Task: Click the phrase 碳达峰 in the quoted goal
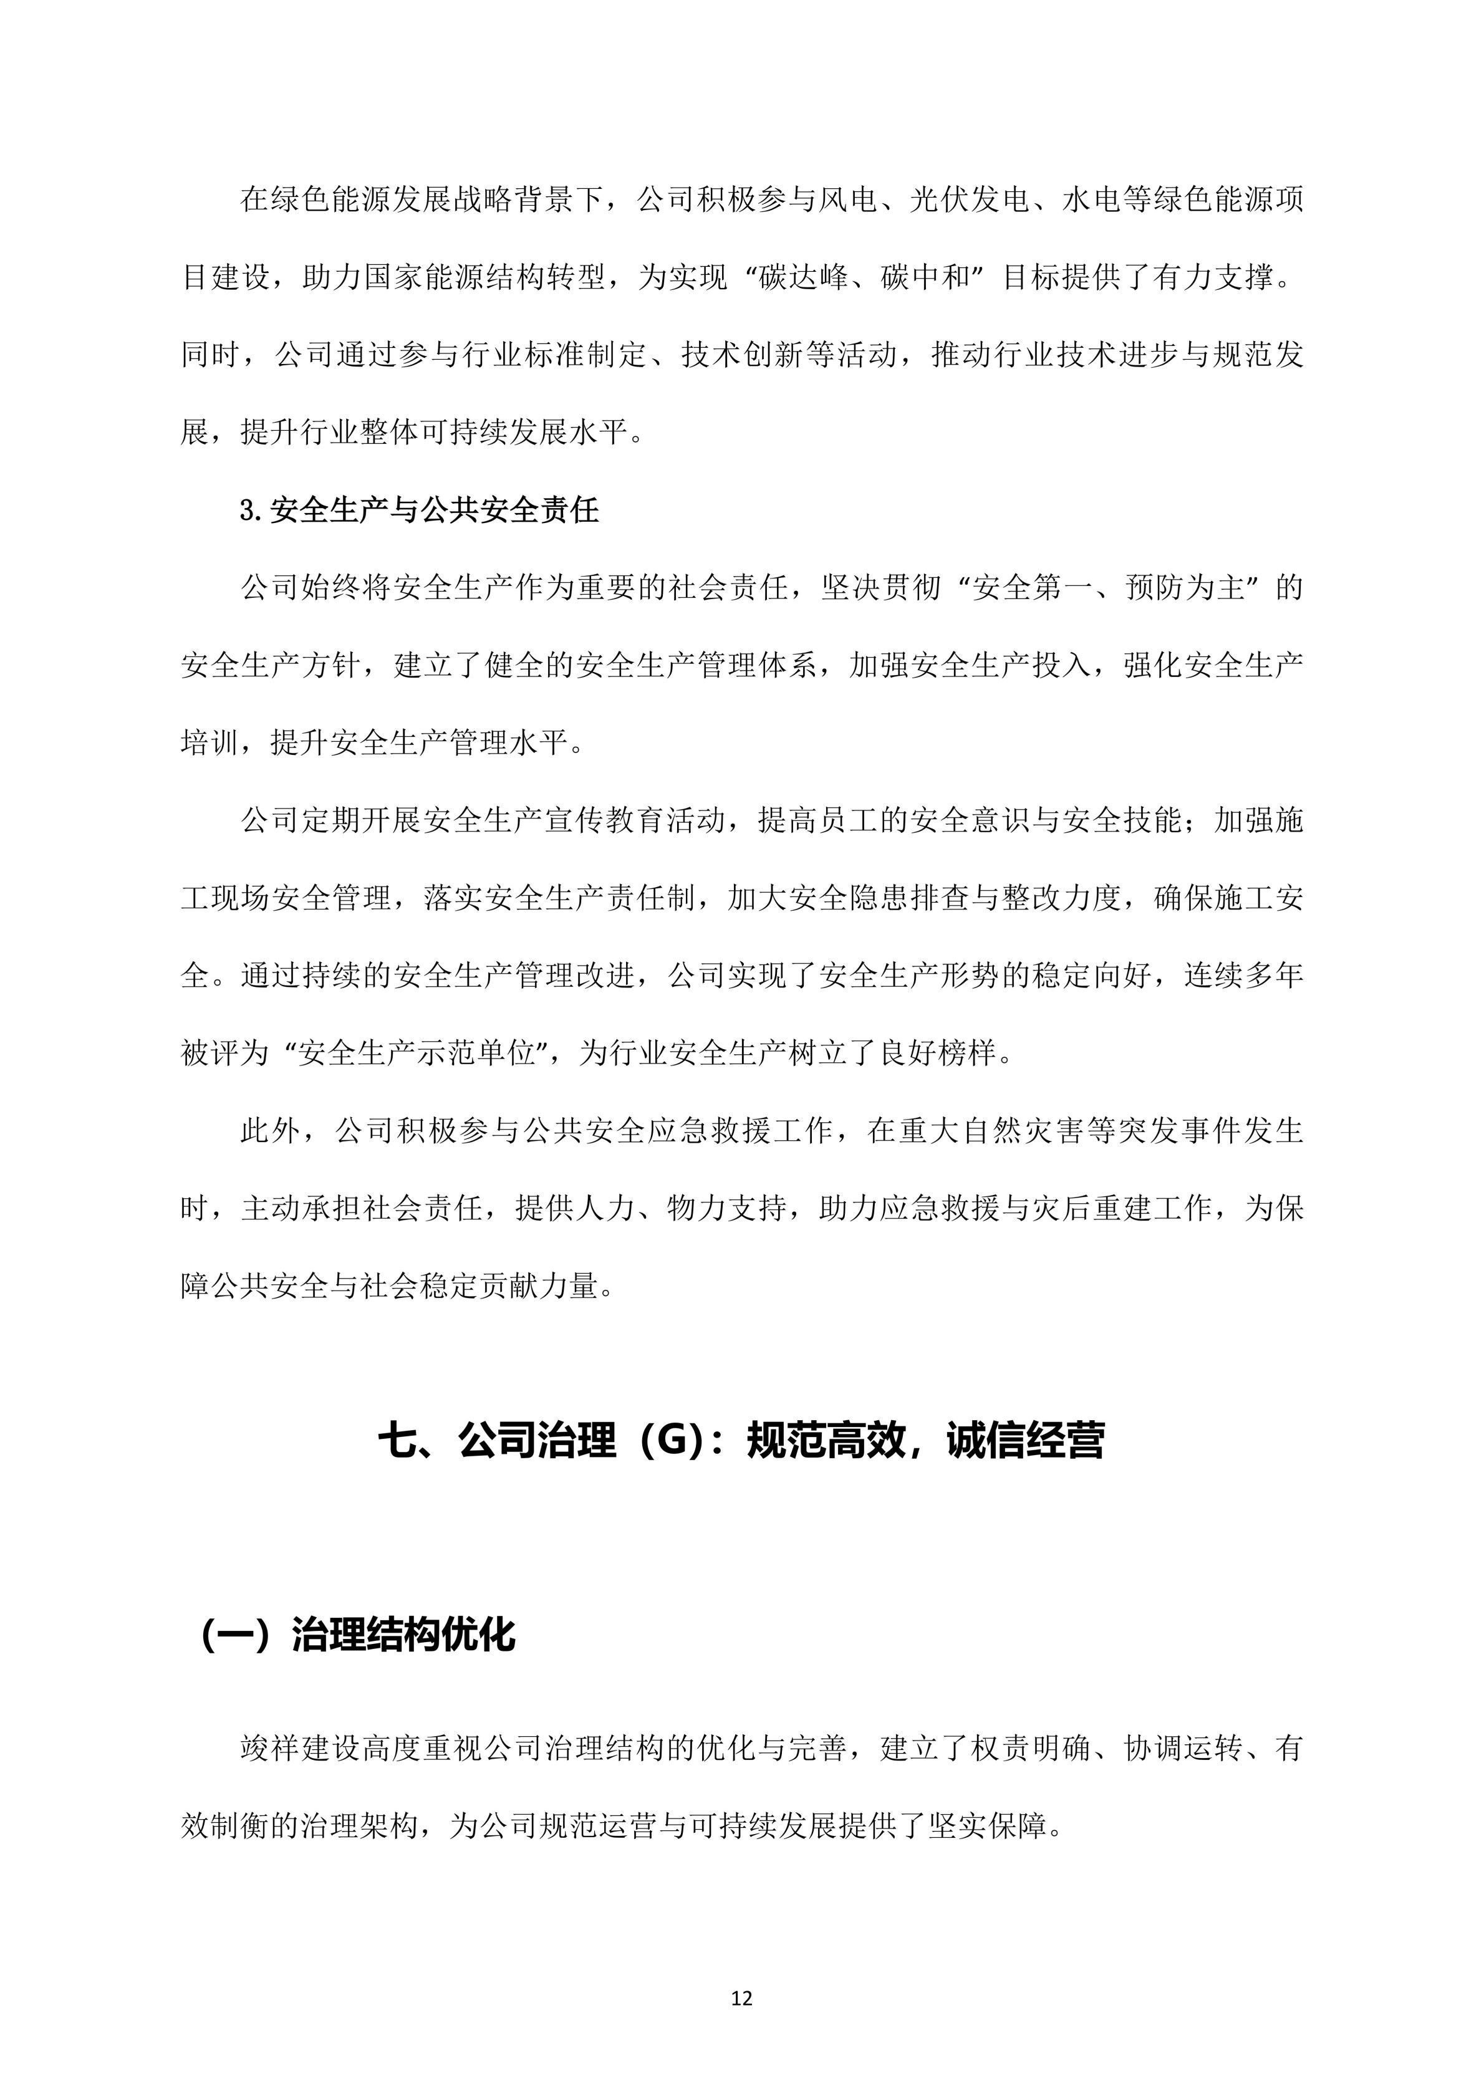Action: [803, 277]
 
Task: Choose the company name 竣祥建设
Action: [301, 1749]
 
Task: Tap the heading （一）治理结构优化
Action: [357, 1635]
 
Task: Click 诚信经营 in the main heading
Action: [1025, 1442]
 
